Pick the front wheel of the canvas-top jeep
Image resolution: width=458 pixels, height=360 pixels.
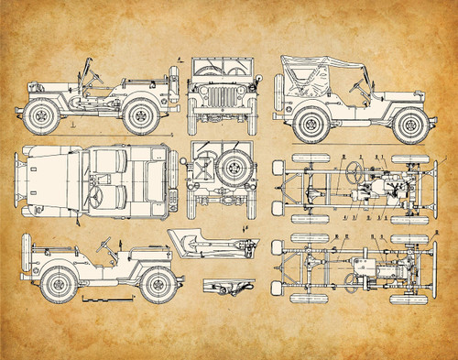[409, 123]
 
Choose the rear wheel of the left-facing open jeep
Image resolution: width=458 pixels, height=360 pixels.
[139, 115]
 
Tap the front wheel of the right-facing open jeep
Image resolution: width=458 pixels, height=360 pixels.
[155, 283]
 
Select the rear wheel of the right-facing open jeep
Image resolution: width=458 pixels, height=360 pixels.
[58, 283]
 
